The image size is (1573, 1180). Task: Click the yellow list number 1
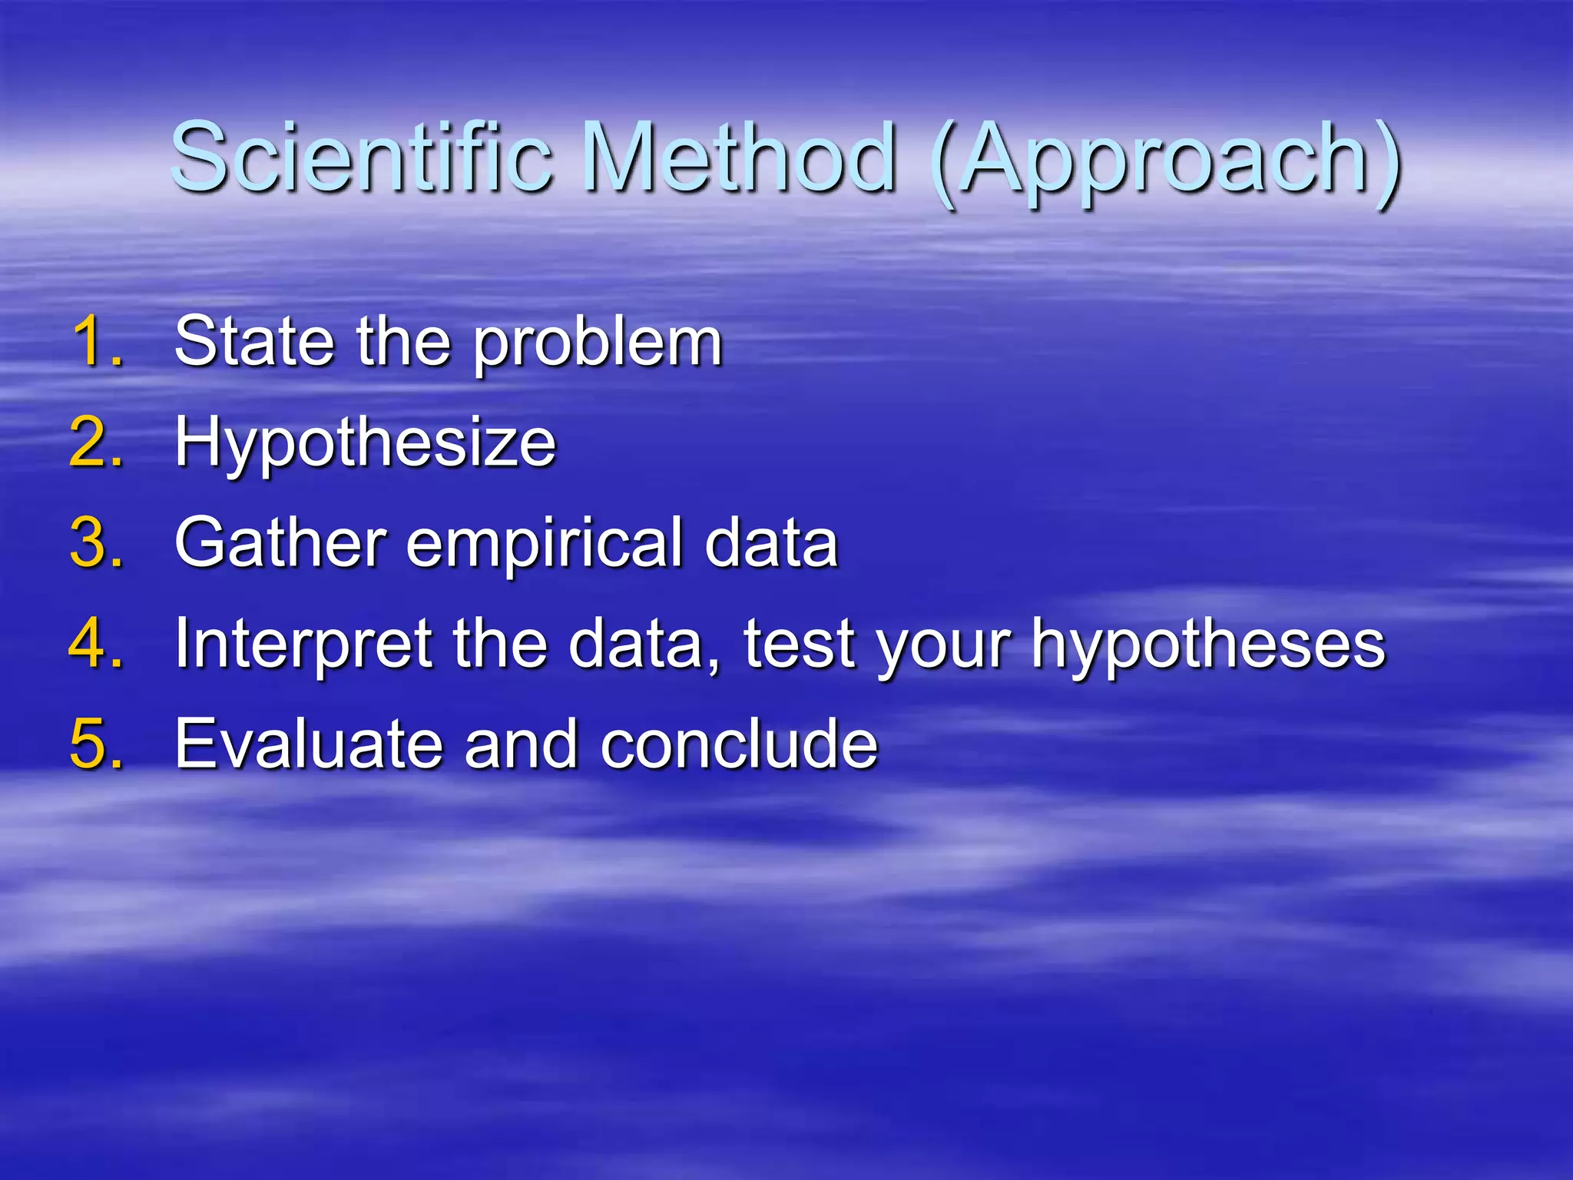pos(98,342)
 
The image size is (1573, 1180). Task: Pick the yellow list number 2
pos(96,442)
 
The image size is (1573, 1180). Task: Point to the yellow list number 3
pos(96,543)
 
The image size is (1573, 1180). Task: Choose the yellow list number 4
pos(96,644)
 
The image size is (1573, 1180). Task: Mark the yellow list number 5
pos(96,744)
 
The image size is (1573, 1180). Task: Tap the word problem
pos(598,346)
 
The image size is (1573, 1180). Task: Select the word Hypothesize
pos(366,446)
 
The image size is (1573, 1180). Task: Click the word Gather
pos(280,543)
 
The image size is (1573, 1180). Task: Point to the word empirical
pos(544,547)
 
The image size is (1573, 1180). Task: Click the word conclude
pos(739,744)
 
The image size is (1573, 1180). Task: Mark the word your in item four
pos(945,650)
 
